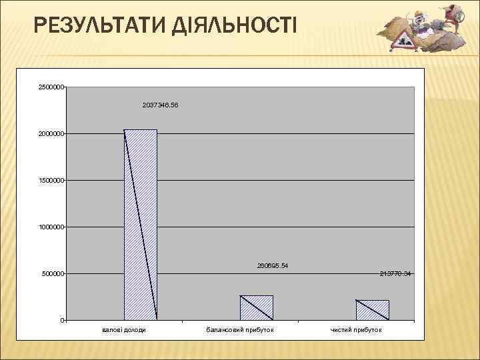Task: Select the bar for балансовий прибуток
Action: tap(257, 307)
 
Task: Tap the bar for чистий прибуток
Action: tap(372, 310)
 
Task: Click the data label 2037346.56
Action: tap(161, 105)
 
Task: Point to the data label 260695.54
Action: tap(273, 266)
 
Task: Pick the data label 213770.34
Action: tap(395, 274)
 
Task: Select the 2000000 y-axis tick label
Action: tap(51, 134)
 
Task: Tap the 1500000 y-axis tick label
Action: tap(51, 181)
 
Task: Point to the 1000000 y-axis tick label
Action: tap(51, 227)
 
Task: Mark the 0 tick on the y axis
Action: tap(61, 321)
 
